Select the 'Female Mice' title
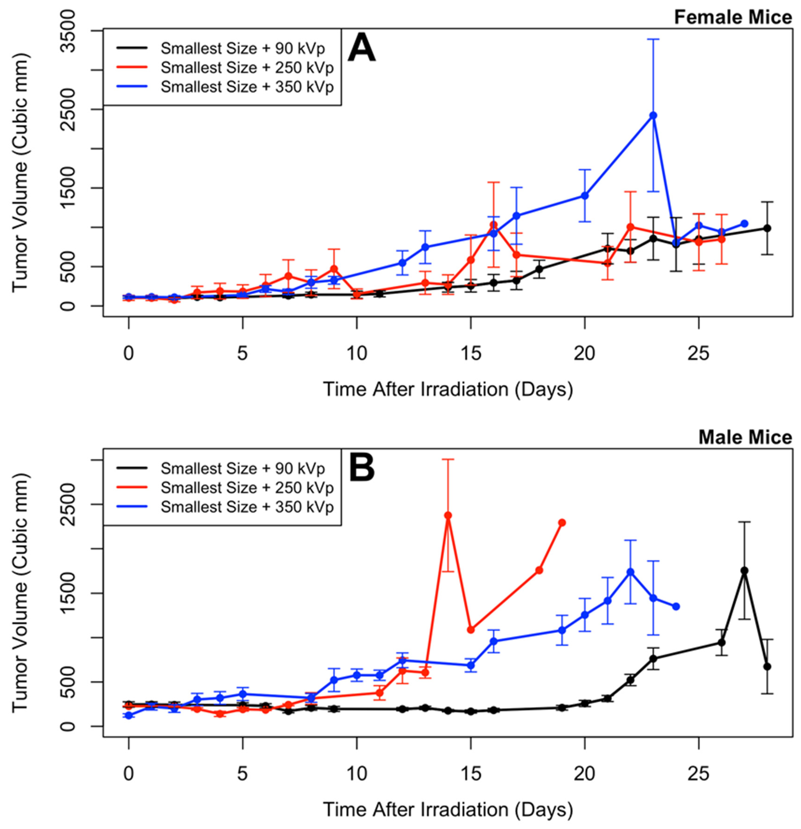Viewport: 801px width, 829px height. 732,18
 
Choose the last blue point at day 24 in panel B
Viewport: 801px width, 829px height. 676,606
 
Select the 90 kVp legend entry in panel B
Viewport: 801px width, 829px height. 242,469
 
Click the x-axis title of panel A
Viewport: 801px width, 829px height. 448,389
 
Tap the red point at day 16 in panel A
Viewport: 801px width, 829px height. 493,225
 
